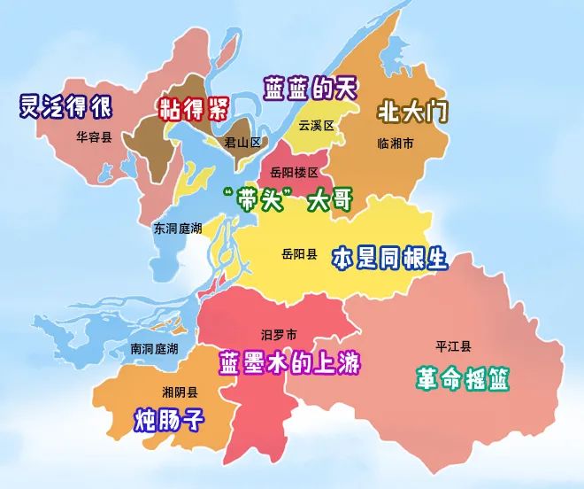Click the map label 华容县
(x=94, y=137)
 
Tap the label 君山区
(x=242, y=143)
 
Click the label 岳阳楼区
(x=294, y=173)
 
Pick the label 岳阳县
(x=299, y=254)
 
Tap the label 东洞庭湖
(x=178, y=228)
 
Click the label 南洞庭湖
(x=154, y=349)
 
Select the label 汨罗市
(x=279, y=335)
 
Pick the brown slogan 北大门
(x=412, y=113)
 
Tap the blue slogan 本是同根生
(x=389, y=259)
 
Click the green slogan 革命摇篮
(x=463, y=378)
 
